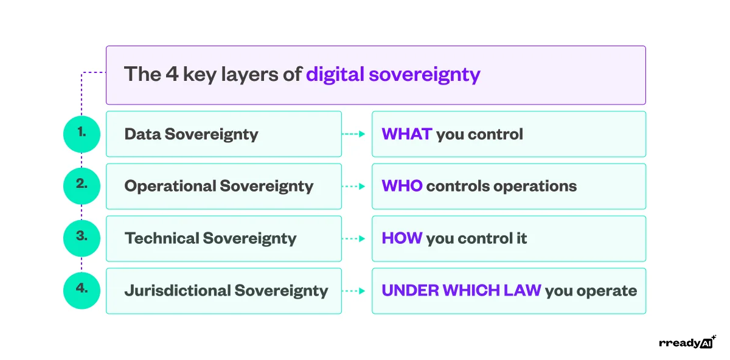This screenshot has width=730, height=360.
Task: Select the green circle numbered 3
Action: click(x=82, y=238)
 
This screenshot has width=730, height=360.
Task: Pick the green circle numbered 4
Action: click(x=82, y=290)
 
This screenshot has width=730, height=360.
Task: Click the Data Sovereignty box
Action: click(x=223, y=134)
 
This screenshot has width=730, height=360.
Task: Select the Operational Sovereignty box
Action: click(x=223, y=186)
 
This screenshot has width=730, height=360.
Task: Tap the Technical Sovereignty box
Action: click(x=223, y=238)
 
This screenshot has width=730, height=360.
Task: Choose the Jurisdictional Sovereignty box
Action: click(x=223, y=291)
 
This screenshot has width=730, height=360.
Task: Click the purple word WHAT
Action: click(x=406, y=134)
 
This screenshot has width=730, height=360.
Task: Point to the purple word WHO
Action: click(x=402, y=186)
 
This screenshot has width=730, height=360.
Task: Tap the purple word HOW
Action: click(x=402, y=238)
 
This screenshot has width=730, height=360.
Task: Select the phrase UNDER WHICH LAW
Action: click(x=461, y=291)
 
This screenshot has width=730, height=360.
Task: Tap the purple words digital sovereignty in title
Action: click(x=393, y=75)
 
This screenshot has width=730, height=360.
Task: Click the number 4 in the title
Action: click(x=173, y=75)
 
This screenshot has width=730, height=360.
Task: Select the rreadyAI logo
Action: click(x=687, y=342)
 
